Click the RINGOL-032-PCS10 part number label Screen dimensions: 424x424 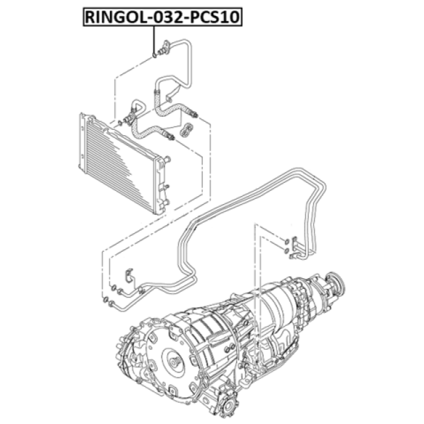(x=162, y=17)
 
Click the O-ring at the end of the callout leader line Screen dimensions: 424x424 (x=154, y=55)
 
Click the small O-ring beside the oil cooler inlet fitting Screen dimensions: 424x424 (x=120, y=123)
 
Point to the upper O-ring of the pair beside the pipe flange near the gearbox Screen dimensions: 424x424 (x=286, y=242)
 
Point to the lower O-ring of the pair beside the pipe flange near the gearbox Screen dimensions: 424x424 (x=286, y=251)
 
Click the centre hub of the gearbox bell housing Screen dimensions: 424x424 (x=175, y=363)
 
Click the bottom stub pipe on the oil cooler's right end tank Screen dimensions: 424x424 (x=166, y=202)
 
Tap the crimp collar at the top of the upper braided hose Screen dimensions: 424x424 (x=156, y=92)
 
